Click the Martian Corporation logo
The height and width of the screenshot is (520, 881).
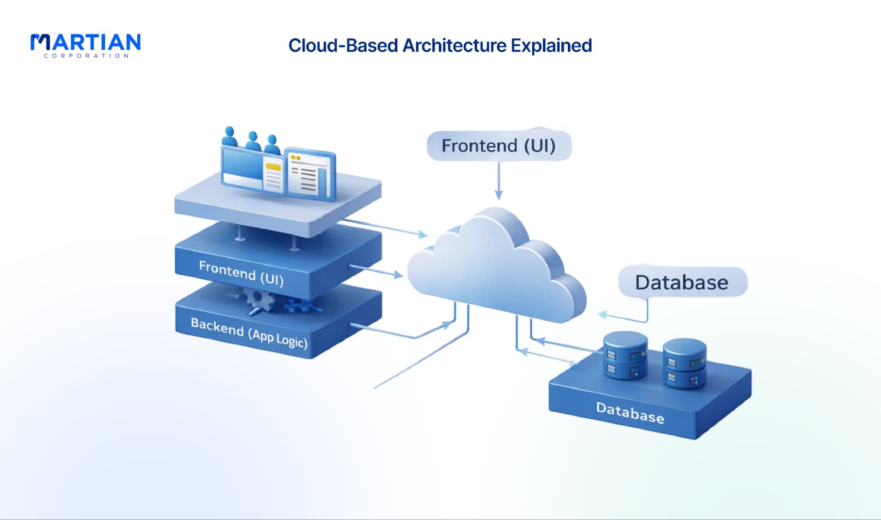[85, 46]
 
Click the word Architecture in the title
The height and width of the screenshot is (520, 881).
[454, 45]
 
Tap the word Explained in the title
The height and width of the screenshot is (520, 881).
[551, 46]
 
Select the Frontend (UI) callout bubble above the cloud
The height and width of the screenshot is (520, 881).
[499, 146]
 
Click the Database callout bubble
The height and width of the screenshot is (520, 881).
[683, 282]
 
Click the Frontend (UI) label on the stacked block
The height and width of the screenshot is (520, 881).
[241, 273]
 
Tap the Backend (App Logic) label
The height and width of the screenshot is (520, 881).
[249, 332]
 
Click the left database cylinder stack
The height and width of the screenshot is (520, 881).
[625, 355]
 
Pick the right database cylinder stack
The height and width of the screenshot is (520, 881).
[685, 364]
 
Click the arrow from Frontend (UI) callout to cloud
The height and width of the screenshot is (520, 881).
[499, 181]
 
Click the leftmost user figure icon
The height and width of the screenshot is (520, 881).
[230, 137]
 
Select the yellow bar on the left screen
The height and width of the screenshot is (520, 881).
[274, 167]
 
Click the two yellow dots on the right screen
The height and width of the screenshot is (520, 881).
[295, 157]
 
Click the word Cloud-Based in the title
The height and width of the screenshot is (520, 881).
[343, 45]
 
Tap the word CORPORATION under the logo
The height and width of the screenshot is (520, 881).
[86, 56]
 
